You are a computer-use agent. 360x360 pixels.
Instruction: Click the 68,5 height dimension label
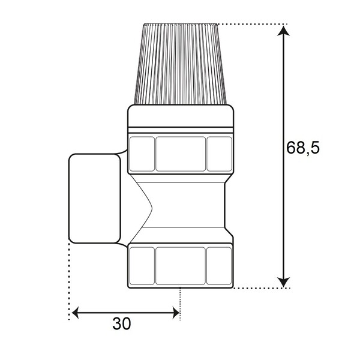[303, 148]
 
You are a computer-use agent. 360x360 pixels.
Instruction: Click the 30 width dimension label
[122, 324]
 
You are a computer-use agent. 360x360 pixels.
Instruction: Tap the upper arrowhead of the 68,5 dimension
[284, 31]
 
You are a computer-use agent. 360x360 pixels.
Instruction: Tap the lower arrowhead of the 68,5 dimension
[284, 282]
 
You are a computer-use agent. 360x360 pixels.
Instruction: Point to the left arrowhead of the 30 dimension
[76, 313]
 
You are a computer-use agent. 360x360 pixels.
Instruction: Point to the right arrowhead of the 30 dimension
[176, 313]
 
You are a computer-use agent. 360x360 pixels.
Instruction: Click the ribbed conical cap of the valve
[180, 64]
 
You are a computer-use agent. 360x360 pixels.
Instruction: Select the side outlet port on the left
[95, 199]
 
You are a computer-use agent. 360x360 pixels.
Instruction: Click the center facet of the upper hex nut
[181, 154]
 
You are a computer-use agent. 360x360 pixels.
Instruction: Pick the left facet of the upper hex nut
[142, 154]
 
